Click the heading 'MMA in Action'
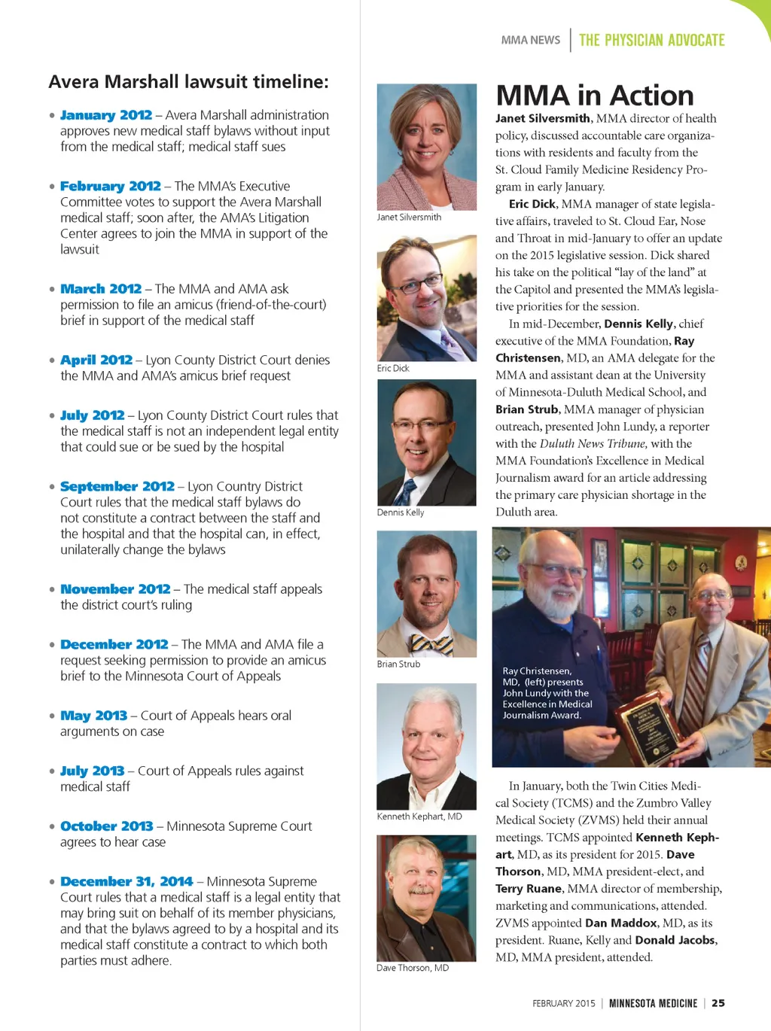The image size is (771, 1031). pyautogui.click(x=595, y=96)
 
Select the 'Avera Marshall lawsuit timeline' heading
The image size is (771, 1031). pyautogui.click(x=188, y=81)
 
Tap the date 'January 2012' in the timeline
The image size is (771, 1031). pyautogui.click(x=106, y=115)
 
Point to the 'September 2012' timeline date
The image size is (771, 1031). pyautogui.click(x=117, y=486)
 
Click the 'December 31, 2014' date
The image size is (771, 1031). pyautogui.click(x=126, y=881)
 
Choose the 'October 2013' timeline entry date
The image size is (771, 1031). pyautogui.click(x=107, y=826)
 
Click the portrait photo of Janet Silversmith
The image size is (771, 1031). pyautogui.click(x=426, y=146)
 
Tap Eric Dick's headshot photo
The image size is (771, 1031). pyautogui.click(x=426, y=298)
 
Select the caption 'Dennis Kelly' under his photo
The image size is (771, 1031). pyautogui.click(x=401, y=512)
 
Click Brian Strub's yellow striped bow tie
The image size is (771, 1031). pyautogui.click(x=431, y=644)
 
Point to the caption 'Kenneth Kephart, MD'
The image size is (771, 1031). pyautogui.click(x=419, y=817)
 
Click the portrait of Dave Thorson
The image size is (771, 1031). pyautogui.click(x=426, y=897)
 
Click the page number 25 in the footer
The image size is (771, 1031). pyautogui.click(x=718, y=1003)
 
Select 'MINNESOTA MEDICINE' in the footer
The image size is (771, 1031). pyautogui.click(x=653, y=1003)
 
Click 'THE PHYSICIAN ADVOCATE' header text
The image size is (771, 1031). pyautogui.click(x=652, y=40)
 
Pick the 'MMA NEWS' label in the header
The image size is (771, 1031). pyautogui.click(x=531, y=40)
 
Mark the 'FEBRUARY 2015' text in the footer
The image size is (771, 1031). pyautogui.click(x=563, y=1003)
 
